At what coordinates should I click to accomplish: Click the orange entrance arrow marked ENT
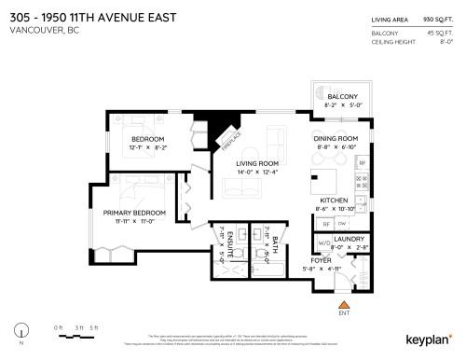(344, 305)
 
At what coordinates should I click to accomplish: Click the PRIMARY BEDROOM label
(134, 213)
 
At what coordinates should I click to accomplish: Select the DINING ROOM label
(336, 138)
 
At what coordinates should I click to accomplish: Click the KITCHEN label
(335, 201)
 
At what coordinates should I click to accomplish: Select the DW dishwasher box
(344, 224)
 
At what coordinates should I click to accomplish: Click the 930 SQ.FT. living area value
(436, 19)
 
